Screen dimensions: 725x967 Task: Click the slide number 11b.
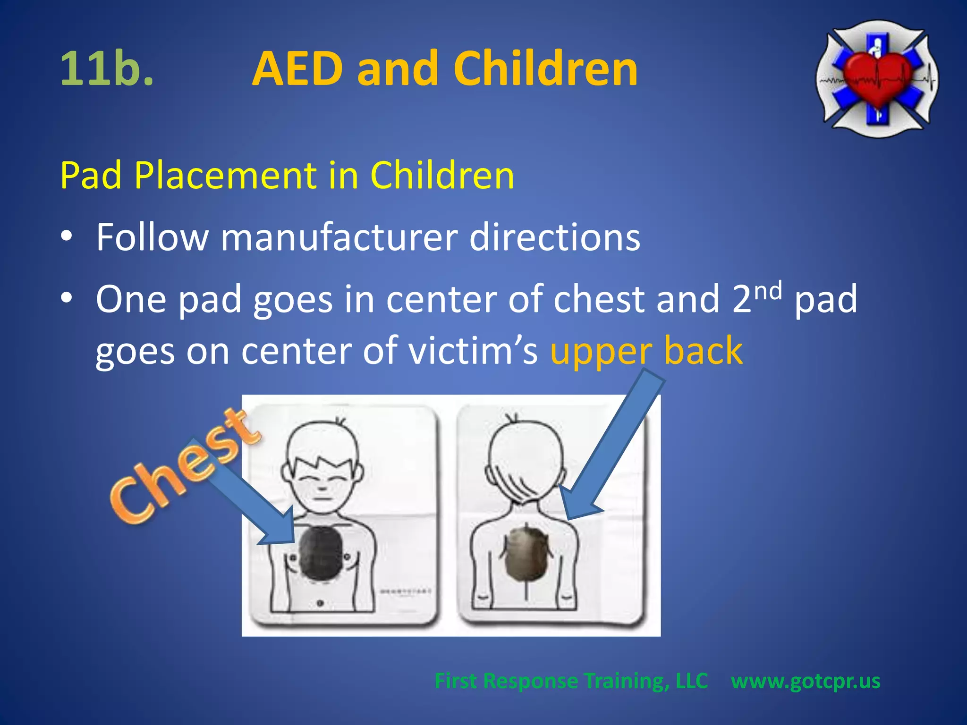[x=107, y=69]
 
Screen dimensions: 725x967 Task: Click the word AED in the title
[x=297, y=69]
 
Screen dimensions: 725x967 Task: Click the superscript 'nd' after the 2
[x=768, y=291]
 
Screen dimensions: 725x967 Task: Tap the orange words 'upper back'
[x=646, y=351]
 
